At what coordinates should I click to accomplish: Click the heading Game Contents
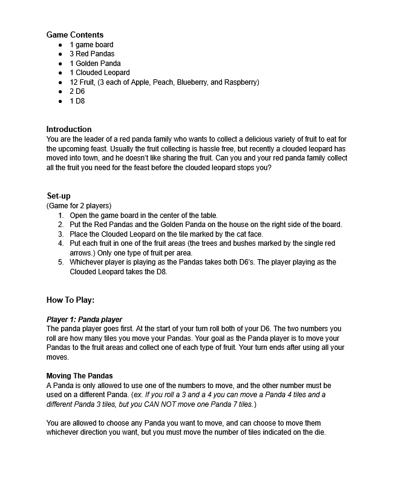[x=75, y=35]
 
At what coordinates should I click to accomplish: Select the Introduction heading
[x=69, y=130]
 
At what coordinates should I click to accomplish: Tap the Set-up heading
[x=59, y=196]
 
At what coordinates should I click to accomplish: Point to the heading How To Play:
[x=70, y=300]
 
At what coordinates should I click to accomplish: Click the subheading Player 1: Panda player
[x=84, y=320]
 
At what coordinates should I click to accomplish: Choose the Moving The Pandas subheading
[x=79, y=376]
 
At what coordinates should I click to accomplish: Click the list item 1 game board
[x=91, y=45]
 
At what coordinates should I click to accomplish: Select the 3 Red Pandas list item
[x=92, y=54]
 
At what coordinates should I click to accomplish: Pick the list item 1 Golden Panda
[x=95, y=64]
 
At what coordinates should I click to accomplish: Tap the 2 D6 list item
[x=77, y=91]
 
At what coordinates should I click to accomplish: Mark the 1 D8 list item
[x=77, y=101]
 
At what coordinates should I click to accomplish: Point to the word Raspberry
[x=241, y=82]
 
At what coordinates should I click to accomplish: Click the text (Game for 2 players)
[x=79, y=206]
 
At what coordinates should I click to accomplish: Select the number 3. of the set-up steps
[x=61, y=234]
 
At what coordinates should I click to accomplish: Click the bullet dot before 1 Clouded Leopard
[x=60, y=73]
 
